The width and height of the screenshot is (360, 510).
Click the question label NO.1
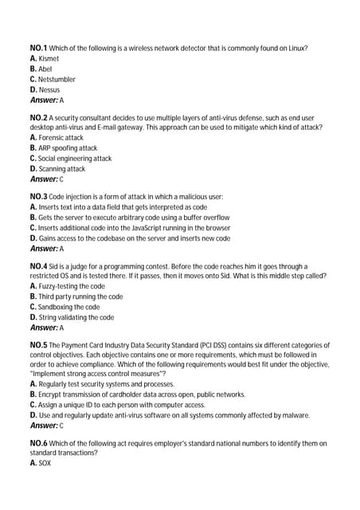tap(38, 48)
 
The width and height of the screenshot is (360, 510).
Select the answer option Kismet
tap(49, 58)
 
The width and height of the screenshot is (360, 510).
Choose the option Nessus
tap(49, 89)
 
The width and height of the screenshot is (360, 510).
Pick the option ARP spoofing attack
tap(67, 147)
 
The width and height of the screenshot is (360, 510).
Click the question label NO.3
tap(38, 196)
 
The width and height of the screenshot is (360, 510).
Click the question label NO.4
tap(38, 265)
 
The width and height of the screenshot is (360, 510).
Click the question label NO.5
tap(38, 344)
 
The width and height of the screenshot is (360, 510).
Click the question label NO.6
tap(38, 442)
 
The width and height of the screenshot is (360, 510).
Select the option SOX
tap(45, 463)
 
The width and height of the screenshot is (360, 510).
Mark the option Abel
tap(45, 69)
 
